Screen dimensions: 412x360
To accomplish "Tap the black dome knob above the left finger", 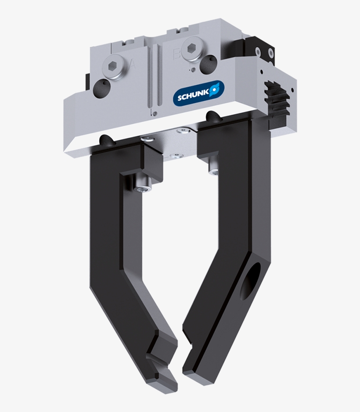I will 107,140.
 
